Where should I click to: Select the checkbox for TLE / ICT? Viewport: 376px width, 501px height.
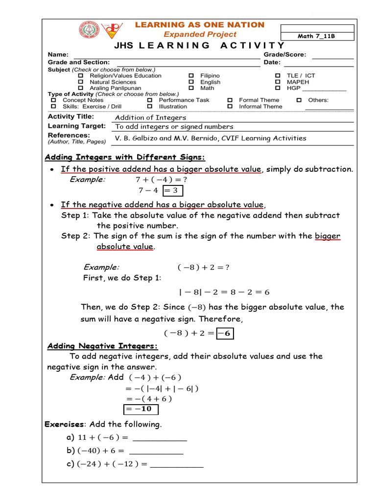[x=278, y=76]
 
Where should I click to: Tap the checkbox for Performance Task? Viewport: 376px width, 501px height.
[x=150, y=100]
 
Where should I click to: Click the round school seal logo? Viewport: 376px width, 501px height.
[x=89, y=30]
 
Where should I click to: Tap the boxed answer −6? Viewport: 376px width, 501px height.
[x=225, y=334]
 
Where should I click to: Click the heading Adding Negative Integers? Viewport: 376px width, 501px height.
[x=102, y=346]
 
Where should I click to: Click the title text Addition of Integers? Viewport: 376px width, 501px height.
[x=150, y=117]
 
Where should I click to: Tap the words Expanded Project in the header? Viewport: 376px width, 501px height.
[x=200, y=34]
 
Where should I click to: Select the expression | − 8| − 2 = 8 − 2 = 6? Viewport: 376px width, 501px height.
[x=224, y=293]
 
